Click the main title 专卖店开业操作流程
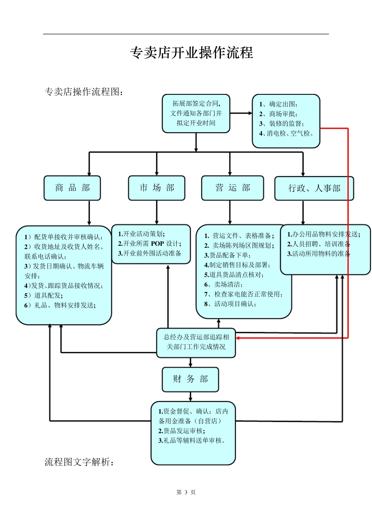click(x=191, y=53)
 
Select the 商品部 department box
click(x=72, y=188)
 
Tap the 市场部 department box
click(x=157, y=188)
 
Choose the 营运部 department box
click(x=232, y=188)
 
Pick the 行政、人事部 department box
click(x=314, y=189)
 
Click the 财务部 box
click(x=190, y=379)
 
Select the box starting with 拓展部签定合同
click(x=196, y=113)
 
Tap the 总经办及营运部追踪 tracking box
click(x=196, y=342)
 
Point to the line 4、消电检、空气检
click(x=286, y=133)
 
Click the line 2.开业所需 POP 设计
click(x=150, y=244)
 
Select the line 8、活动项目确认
click(x=230, y=304)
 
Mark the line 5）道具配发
click(x=43, y=295)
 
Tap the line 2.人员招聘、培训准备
click(x=319, y=244)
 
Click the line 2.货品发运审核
click(x=181, y=431)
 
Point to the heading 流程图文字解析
click(x=80, y=462)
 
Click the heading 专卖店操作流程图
click(x=85, y=92)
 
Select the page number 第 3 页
click(x=186, y=492)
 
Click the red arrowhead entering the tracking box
click(x=238, y=338)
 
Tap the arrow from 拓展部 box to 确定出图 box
click(x=241, y=113)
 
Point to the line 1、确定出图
click(x=278, y=104)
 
